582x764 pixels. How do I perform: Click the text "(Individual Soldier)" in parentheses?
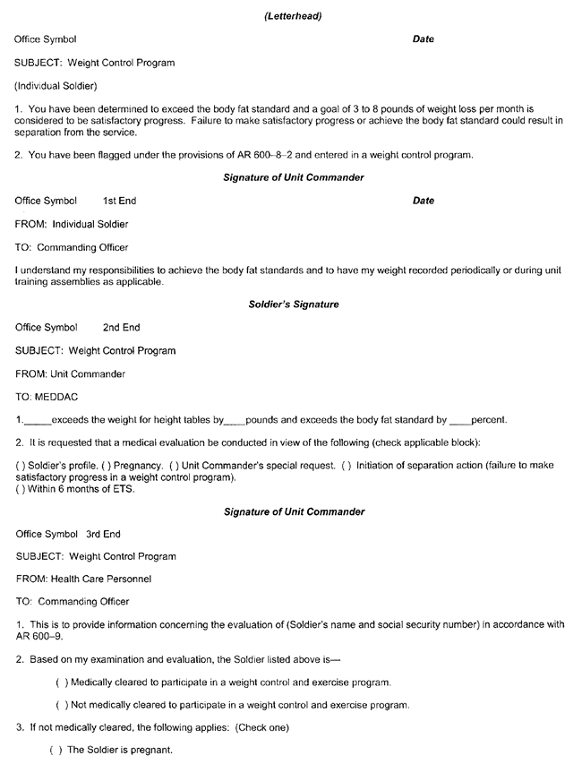56,86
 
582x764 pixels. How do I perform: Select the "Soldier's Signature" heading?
294,305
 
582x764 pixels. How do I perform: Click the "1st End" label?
120,201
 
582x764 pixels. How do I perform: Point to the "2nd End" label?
122,328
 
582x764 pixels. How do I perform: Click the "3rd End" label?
104,534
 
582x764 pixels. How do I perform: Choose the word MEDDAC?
59,396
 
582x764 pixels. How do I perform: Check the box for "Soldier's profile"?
19,466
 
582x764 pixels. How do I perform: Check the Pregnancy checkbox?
114,466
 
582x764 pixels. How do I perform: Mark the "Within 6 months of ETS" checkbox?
19,489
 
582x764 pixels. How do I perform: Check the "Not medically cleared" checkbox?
61,705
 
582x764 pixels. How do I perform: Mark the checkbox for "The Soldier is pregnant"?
54,751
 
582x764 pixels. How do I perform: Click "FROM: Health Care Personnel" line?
83,579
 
